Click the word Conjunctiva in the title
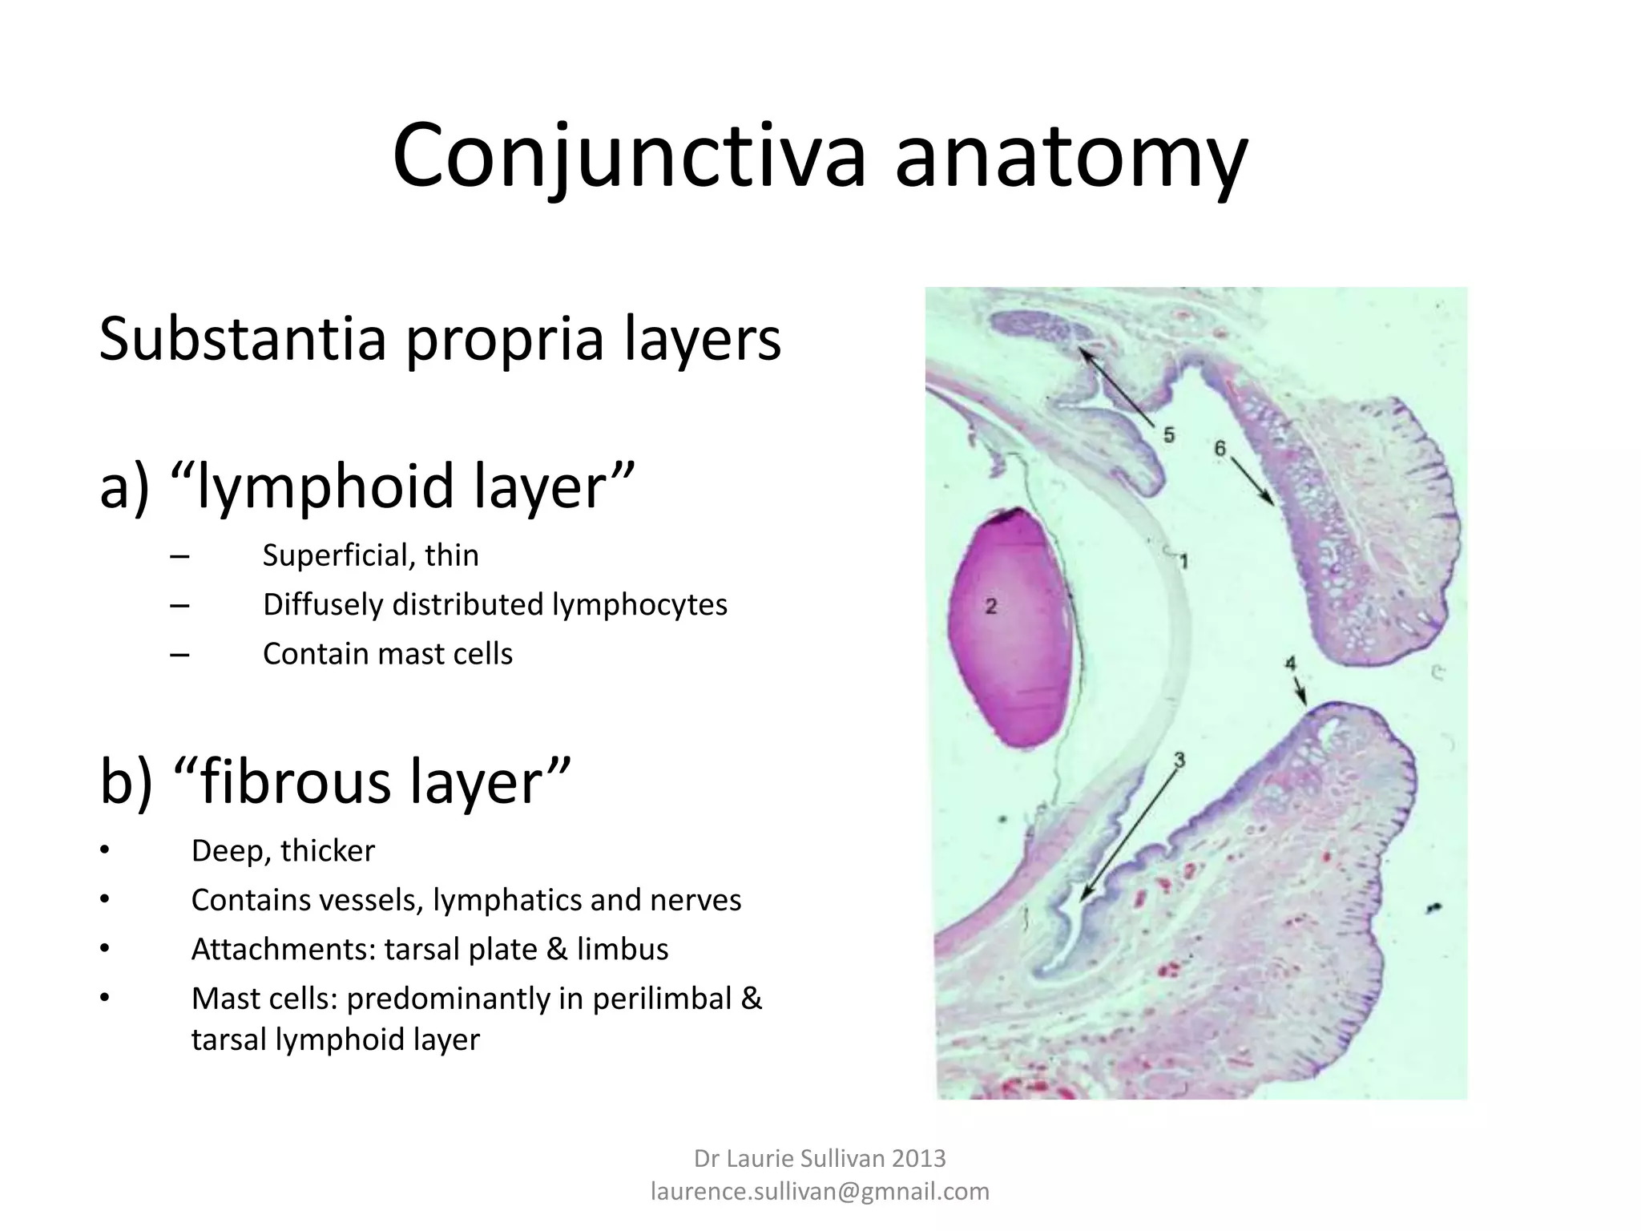click(629, 156)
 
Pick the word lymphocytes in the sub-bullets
click(639, 604)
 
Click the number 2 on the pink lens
click(991, 606)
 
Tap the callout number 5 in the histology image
click(1169, 435)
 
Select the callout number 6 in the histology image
click(1220, 448)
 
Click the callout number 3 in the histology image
click(1179, 760)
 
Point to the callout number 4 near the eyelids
click(1290, 664)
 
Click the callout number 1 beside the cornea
click(1183, 561)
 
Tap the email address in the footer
click(820, 1192)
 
